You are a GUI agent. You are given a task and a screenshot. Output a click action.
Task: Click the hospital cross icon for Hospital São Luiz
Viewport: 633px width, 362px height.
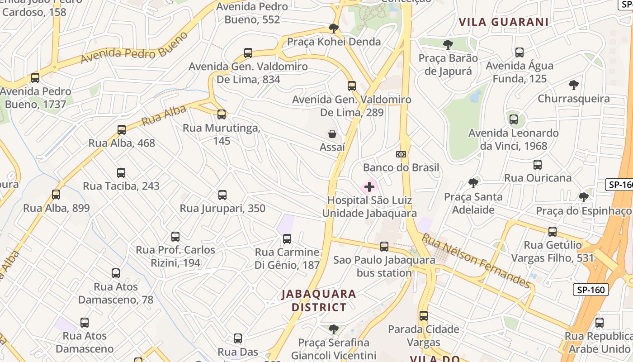tap(369, 186)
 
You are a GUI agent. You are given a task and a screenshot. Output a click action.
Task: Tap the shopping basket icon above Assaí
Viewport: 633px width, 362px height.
tap(332, 134)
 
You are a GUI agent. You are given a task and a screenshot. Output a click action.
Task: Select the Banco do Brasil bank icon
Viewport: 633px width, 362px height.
tap(401, 154)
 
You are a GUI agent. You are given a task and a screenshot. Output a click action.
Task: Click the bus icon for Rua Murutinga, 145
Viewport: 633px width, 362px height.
tap(222, 114)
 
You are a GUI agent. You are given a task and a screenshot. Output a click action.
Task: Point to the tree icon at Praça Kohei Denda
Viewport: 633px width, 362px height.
tap(334, 29)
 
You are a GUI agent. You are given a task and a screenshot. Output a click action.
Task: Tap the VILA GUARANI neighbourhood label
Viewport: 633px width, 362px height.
tap(504, 22)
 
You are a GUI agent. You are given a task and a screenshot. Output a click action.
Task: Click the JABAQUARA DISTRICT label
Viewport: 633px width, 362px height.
tap(319, 300)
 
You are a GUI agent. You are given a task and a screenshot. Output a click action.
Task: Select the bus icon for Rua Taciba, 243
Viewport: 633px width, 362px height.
tap(121, 173)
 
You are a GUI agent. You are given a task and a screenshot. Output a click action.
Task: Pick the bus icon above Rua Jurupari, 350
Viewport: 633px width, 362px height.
tap(222, 195)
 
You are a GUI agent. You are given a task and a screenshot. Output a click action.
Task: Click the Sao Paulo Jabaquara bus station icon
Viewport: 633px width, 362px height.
tap(384, 247)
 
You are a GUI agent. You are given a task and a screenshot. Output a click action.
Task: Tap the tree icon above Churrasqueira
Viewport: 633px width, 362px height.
tap(574, 85)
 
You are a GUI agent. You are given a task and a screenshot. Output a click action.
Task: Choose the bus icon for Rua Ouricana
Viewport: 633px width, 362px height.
tap(538, 165)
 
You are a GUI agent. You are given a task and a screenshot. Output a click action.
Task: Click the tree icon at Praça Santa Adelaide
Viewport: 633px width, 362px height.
tap(473, 183)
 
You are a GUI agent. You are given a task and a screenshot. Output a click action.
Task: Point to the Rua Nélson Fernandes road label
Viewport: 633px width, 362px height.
tap(476, 261)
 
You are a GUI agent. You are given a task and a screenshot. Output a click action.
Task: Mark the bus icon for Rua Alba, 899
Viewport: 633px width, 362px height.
tap(56, 195)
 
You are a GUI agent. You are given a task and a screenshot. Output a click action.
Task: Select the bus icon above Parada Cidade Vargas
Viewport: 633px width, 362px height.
tap(424, 316)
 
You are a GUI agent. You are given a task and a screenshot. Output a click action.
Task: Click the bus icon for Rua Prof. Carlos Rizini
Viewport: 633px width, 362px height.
tap(175, 237)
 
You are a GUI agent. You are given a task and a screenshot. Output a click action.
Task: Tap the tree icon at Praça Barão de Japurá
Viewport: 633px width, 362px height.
tap(448, 45)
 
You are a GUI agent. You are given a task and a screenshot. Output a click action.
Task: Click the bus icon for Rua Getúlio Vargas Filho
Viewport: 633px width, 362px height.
tap(553, 232)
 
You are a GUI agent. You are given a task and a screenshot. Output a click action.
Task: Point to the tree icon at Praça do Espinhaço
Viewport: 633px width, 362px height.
tap(584, 197)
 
